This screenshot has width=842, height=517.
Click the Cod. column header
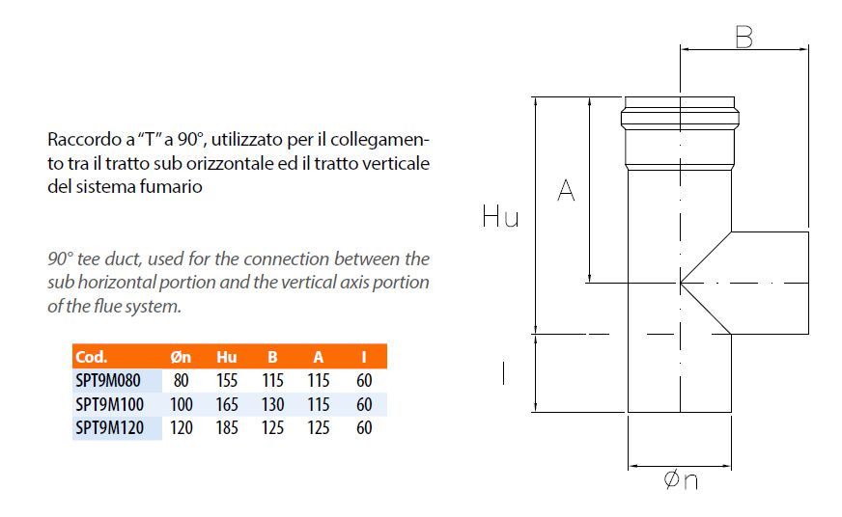coord(91,357)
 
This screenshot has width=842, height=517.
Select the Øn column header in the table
coord(181,357)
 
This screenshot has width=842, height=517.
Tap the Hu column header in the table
coord(227,357)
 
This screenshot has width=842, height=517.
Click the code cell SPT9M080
coord(108,380)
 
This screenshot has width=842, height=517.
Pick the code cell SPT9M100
coord(109,404)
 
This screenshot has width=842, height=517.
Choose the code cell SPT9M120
coord(109,427)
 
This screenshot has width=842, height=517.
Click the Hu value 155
coord(227,380)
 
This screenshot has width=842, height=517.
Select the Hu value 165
coord(227,404)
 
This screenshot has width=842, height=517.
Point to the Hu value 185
coord(227,427)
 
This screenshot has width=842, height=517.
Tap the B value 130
coord(273,404)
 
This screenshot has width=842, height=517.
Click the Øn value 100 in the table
coord(181,404)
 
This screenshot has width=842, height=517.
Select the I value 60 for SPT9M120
coord(364,427)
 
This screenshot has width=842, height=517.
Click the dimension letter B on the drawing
coord(744,37)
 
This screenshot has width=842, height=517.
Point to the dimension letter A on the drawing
coord(566,190)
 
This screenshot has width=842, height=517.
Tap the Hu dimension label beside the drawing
coord(500,216)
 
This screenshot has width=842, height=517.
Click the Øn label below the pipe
coord(681,480)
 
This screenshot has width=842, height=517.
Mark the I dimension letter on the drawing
coord(503,373)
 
